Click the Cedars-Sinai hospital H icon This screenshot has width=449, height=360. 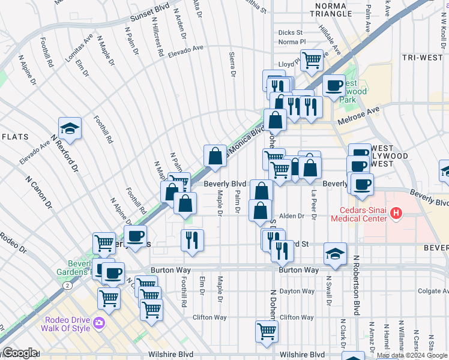396,212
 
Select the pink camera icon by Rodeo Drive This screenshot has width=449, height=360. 98,325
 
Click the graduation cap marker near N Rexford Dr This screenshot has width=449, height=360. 70,128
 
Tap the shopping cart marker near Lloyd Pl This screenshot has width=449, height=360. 312,59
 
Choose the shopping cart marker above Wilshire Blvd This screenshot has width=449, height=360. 267,330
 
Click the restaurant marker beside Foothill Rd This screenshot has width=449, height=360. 193,239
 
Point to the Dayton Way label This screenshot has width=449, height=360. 298,291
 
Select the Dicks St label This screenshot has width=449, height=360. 291,32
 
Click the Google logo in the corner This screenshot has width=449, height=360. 19,353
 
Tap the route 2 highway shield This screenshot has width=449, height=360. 69,286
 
